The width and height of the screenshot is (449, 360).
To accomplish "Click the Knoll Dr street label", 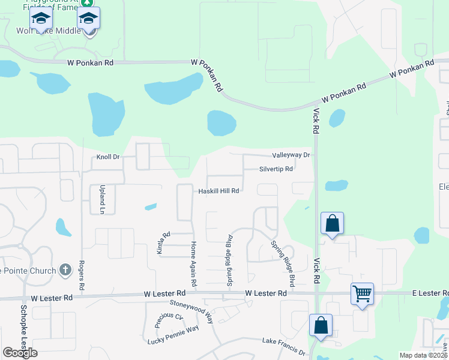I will click(109, 157).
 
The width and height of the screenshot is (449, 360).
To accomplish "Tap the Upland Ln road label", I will click(102, 200).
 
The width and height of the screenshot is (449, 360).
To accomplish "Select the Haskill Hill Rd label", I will click(219, 191).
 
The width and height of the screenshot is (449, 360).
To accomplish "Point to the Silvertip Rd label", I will click(276, 169).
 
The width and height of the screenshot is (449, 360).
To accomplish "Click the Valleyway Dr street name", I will click(291, 155).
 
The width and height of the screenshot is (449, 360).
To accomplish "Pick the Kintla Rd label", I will click(160, 243).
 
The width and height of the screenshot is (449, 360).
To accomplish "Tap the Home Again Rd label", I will click(193, 263).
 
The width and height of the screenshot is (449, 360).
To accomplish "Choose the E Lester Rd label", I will click(430, 293).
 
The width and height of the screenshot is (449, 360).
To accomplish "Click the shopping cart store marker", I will click(363, 294).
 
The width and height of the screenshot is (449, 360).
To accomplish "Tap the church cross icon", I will click(66, 270).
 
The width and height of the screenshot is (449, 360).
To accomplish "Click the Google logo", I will click(20, 353).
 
